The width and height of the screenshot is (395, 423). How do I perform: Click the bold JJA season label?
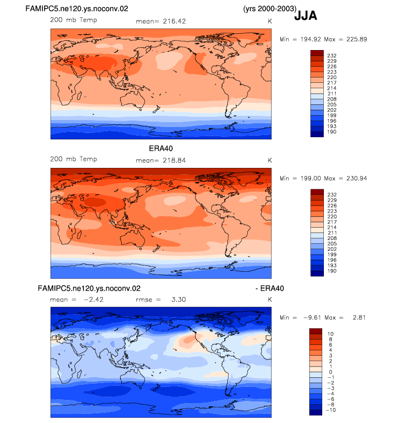click(x=306, y=16)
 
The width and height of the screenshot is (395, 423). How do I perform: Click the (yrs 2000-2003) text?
click(x=269, y=9)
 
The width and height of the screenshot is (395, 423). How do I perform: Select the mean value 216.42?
click(x=174, y=22)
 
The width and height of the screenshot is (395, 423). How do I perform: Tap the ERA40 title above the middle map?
click(x=161, y=149)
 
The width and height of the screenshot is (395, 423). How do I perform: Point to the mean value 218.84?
click(x=174, y=160)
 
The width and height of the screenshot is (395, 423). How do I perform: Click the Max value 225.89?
click(x=357, y=39)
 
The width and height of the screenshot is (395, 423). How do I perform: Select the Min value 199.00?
click(x=311, y=178)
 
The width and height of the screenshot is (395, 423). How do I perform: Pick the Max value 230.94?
click(x=357, y=178)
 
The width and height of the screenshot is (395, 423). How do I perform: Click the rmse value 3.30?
click(x=178, y=300)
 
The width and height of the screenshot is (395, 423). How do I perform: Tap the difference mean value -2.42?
click(x=93, y=300)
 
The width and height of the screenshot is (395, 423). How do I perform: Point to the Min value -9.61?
click(x=312, y=318)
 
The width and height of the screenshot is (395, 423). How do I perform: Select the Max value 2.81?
click(x=359, y=318)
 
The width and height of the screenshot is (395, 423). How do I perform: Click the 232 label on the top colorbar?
click(x=332, y=55)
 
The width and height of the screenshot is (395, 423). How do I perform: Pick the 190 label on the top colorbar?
click(x=332, y=132)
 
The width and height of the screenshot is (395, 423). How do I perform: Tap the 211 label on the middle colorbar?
click(x=332, y=233)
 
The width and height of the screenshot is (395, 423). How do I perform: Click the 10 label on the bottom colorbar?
click(x=330, y=334)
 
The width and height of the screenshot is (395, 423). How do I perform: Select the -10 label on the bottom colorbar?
click(x=331, y=410)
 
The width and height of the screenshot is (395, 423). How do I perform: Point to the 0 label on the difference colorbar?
click(x=330, y=372)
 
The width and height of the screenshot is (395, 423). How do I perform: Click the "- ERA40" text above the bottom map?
click(x=269, y=288)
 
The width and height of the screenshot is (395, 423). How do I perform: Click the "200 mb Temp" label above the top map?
click(x=73, y=20)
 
